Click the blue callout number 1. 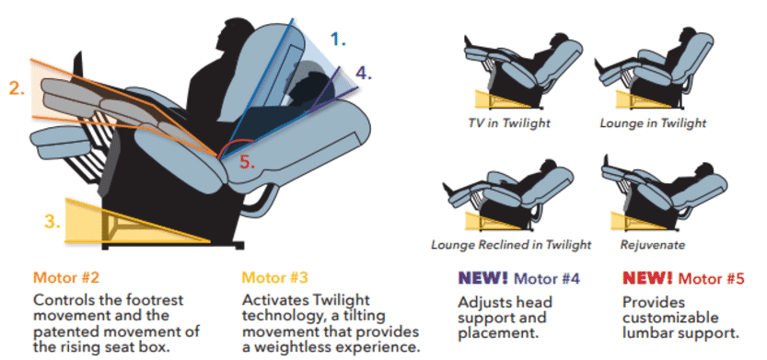point(338,39)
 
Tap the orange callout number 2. point(17,88)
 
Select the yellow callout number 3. point(52,222)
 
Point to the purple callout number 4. point(364,73)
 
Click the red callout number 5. point(248,163)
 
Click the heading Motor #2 point(66,278)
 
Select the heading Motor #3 point(275,278)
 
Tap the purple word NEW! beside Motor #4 point(482,278)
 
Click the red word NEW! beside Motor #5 point(647,278)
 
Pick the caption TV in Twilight point(508,122)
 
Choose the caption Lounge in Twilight point(653,122)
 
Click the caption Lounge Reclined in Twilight point(511,244)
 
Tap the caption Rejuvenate point(653,244)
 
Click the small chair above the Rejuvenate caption point(664,193)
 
